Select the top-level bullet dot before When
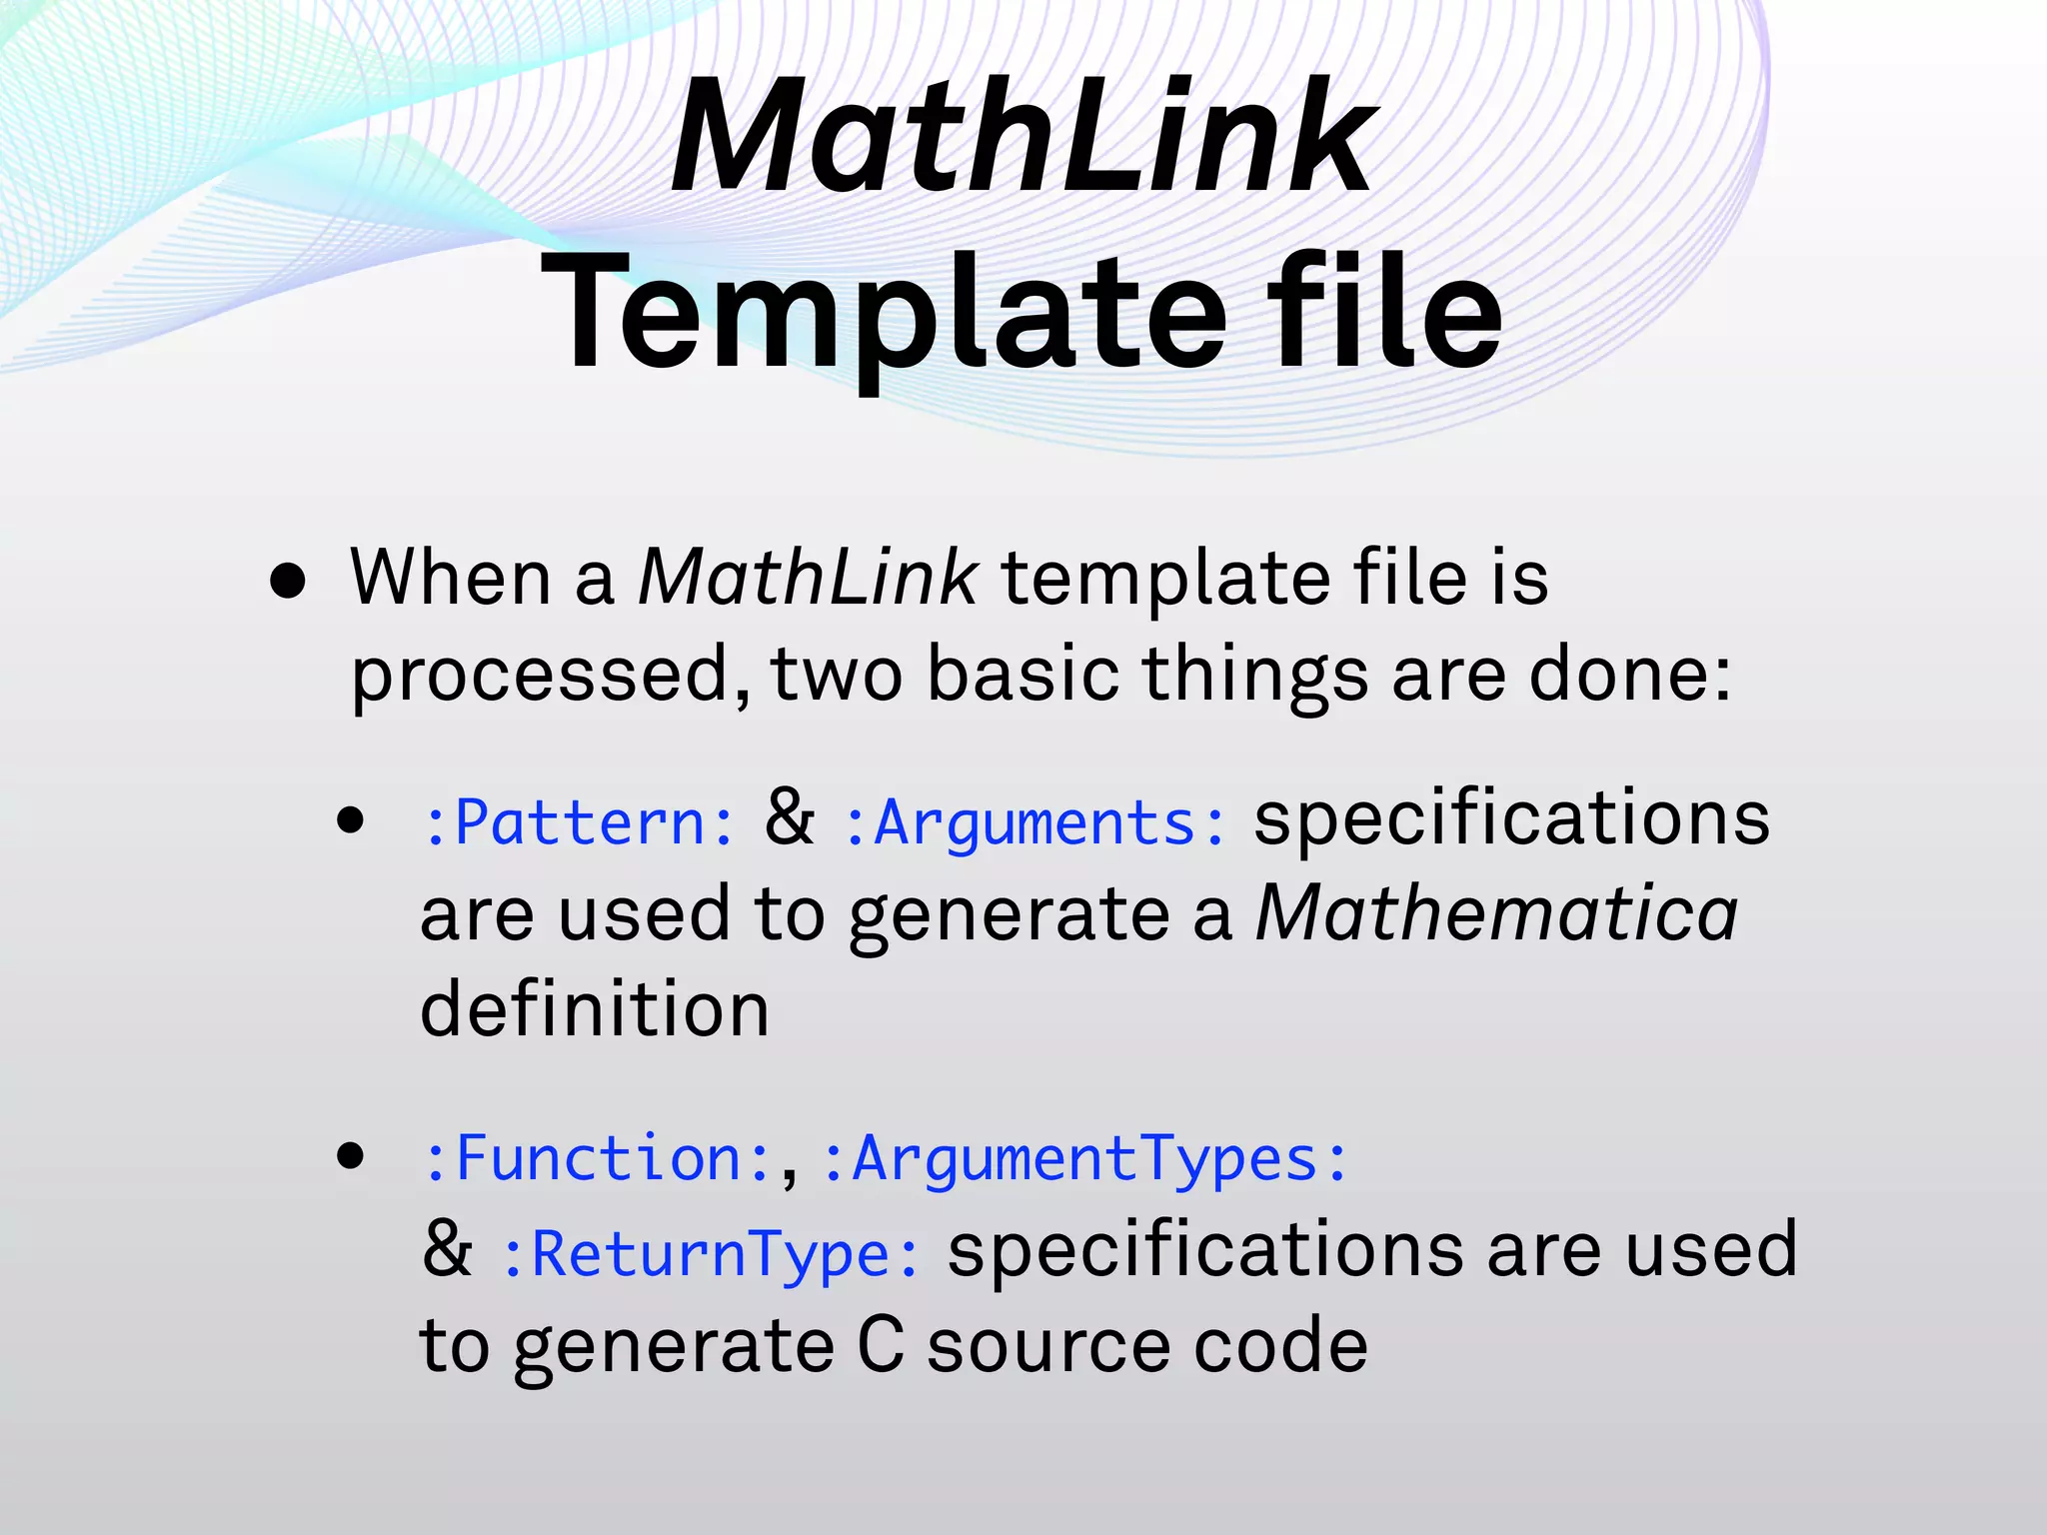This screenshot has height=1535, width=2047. (x=288, y=582)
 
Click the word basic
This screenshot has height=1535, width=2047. (x=1023, y=674)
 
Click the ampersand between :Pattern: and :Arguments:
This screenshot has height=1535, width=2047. (x=789, y=817)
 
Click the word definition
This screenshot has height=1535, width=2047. (x=595, y=1009)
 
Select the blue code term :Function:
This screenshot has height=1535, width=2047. (x=597, y=1159)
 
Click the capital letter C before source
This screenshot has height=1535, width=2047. (x=881, y=1345)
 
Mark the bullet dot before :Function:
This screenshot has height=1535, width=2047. (x=350, y=1157)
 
